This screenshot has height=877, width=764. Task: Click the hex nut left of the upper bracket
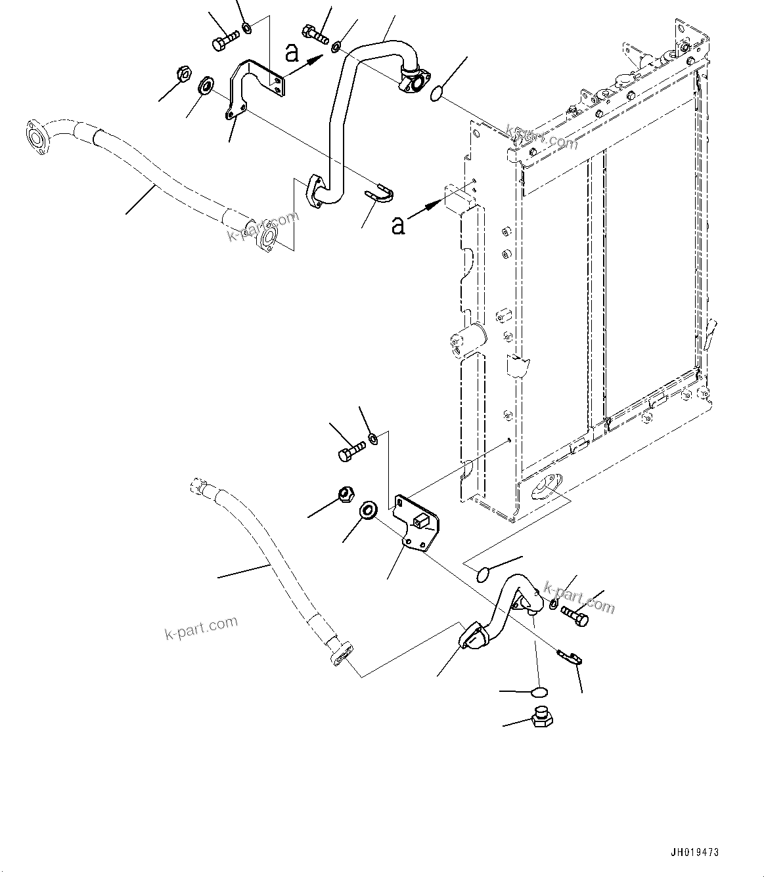point(184,74)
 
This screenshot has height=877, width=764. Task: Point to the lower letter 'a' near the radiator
point(397,225)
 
